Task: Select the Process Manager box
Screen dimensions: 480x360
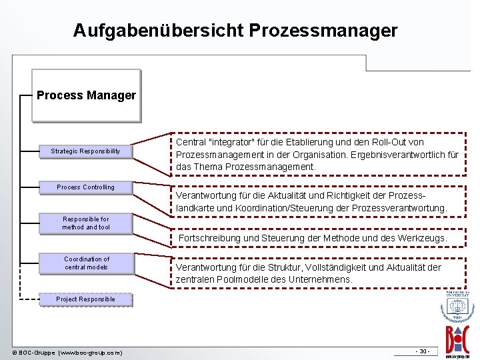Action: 86,95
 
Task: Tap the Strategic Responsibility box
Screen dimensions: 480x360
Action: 85,151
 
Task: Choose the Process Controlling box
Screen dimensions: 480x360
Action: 85,187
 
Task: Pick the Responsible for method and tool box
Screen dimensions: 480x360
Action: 86,223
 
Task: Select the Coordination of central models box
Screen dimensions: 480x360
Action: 86,263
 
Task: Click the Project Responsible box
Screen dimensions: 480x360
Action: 85,299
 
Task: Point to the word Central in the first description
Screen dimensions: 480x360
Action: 191,142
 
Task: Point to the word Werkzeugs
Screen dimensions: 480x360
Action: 423,238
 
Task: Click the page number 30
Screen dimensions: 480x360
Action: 423,351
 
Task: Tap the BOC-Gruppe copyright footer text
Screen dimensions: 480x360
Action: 67,352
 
